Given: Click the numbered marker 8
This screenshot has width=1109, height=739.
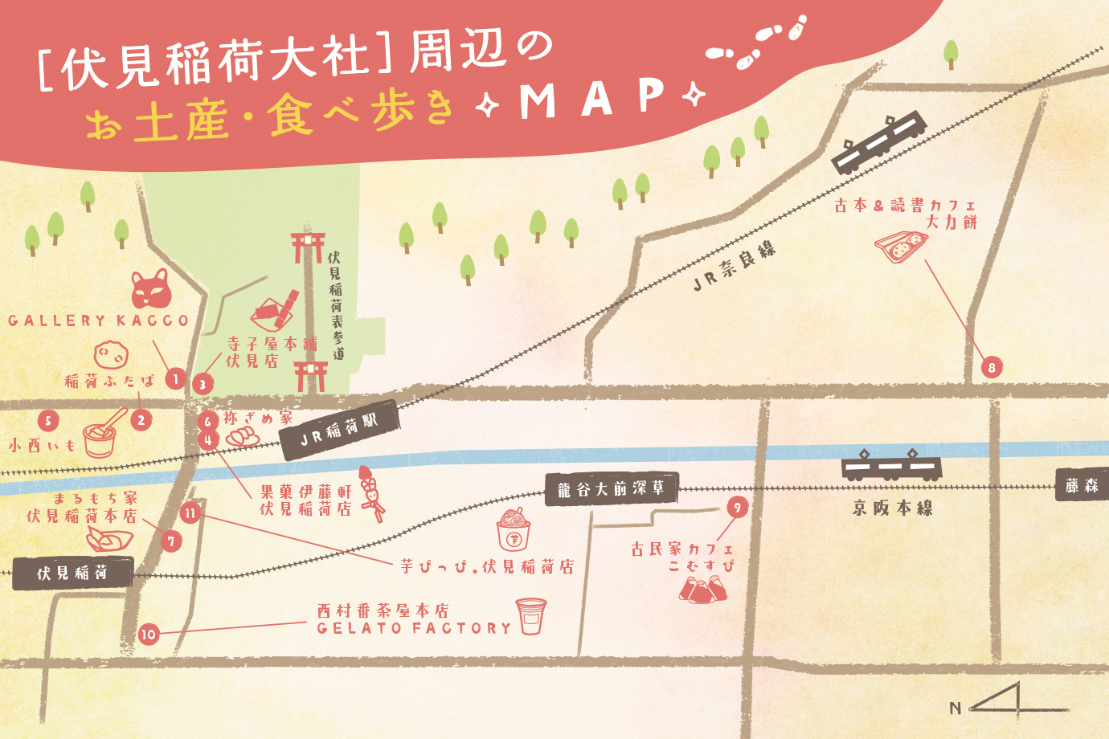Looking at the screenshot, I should [992, 368].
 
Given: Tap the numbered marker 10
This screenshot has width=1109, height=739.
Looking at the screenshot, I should [148, 634].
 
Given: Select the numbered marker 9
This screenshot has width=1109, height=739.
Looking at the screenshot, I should [737, 507].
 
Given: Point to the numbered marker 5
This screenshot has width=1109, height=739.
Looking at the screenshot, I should [48, 420].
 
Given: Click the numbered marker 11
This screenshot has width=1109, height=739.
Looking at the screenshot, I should [190, 512].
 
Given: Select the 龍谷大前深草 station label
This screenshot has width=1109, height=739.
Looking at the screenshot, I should [612, 488].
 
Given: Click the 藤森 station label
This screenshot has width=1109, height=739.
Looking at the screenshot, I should [1082, 485].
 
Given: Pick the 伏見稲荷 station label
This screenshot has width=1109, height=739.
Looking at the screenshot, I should [72, 573].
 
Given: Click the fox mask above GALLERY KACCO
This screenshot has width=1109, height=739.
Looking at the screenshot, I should [151, 289].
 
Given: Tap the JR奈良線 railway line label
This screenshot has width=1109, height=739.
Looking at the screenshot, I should [735, 264].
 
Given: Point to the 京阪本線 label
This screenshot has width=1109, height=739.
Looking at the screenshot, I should [893, 508].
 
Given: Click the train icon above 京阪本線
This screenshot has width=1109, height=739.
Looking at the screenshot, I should [892, 465].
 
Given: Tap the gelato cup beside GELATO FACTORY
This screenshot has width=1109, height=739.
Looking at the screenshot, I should [530, 616].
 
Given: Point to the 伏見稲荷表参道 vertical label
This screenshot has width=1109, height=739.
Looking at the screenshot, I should [335, 304].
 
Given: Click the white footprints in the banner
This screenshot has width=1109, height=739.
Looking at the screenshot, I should [755, 44].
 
